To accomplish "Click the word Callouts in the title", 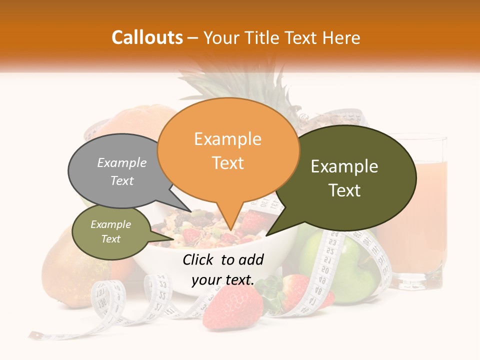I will [x=147, y=37].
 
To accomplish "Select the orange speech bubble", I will [x=227, y=150].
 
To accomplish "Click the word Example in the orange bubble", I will [x=227, y=139].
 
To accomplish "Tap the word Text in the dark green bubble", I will [x=345, y=190].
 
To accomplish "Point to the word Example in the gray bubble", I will [x=122, y=162].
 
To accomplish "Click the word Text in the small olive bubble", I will [x=111, y=239].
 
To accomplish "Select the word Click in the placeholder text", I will [x=198, y=259].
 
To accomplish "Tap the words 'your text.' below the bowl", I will [x=223, y=280].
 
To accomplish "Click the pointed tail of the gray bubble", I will [x=182, y=205].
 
